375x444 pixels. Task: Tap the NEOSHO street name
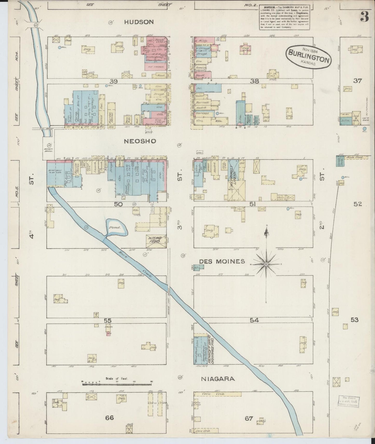tap(140, 141)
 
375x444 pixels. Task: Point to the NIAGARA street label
tap(218, 379)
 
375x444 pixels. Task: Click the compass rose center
tap(267, 264)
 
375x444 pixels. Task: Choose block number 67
tap(249, 418)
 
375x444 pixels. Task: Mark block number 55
tap(107, 320)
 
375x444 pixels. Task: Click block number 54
tap(254, 320)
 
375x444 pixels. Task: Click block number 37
tap(357, 81)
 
